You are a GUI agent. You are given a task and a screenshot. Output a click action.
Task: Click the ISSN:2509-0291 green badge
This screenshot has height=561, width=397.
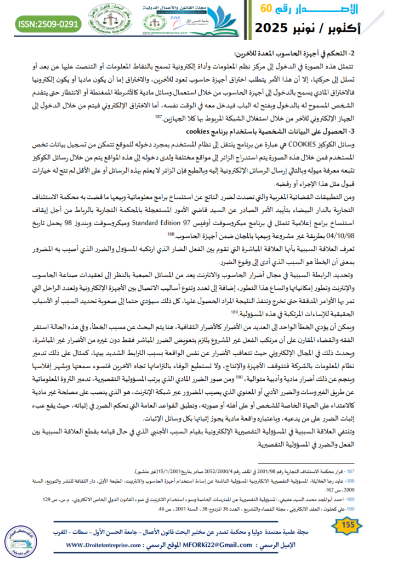pyautogui.click(x=49, y=24)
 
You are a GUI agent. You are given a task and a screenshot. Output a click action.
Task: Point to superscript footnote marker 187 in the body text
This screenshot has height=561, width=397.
pyautogui.click(x=156, y=117)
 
